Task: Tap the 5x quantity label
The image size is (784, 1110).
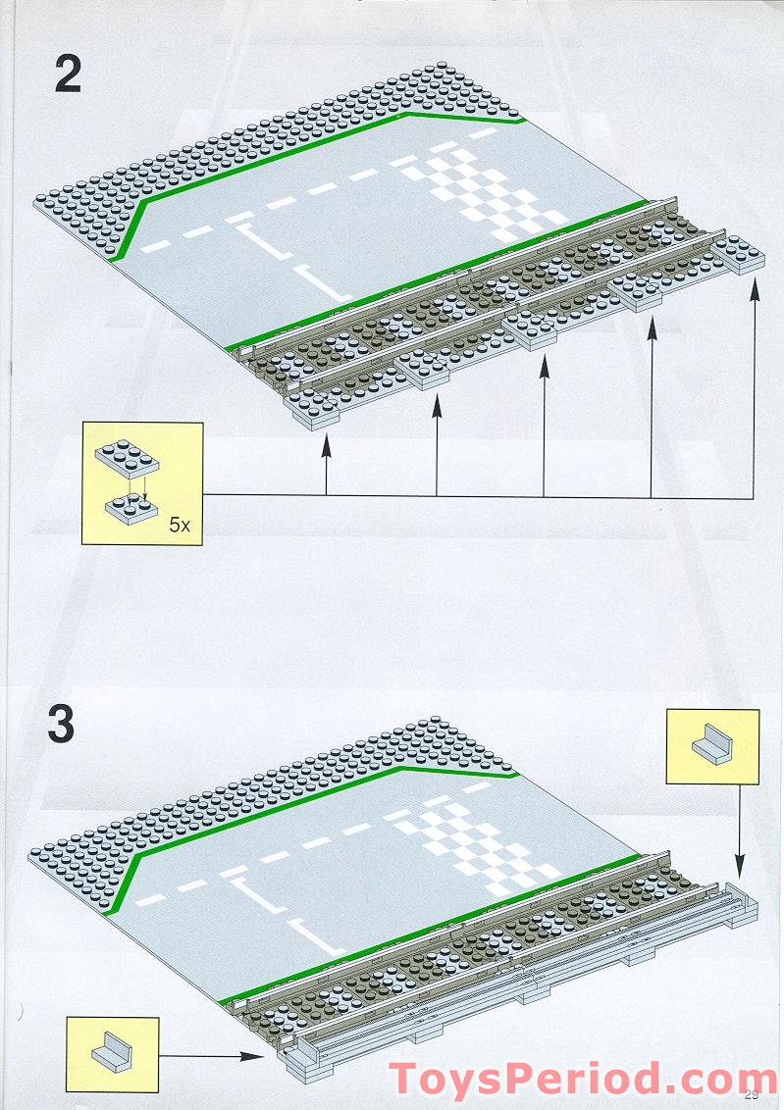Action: click(x=179, y=525)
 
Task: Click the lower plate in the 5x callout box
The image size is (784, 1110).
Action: click(x=131, y=509)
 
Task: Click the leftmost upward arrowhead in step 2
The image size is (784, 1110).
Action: click(x=327, y=445)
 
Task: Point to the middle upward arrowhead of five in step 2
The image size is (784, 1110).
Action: click(x=544, y=366)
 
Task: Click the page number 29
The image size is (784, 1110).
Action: click(x=753, y=1095)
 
